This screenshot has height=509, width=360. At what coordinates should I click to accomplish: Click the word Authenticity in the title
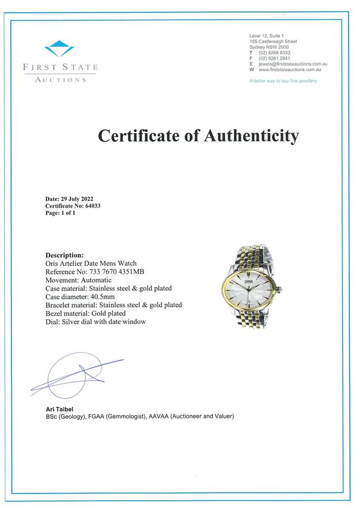coord(251,136)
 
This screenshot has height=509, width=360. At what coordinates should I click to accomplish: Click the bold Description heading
coord(64,255)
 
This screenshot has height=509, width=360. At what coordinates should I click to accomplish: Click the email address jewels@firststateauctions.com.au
coord(293,64)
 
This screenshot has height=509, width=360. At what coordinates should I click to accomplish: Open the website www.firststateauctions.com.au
coord(293,69)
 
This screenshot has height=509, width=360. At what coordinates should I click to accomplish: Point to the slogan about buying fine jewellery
coord(283,81)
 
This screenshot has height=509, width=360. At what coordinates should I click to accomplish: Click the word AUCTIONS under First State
coord(60,79)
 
